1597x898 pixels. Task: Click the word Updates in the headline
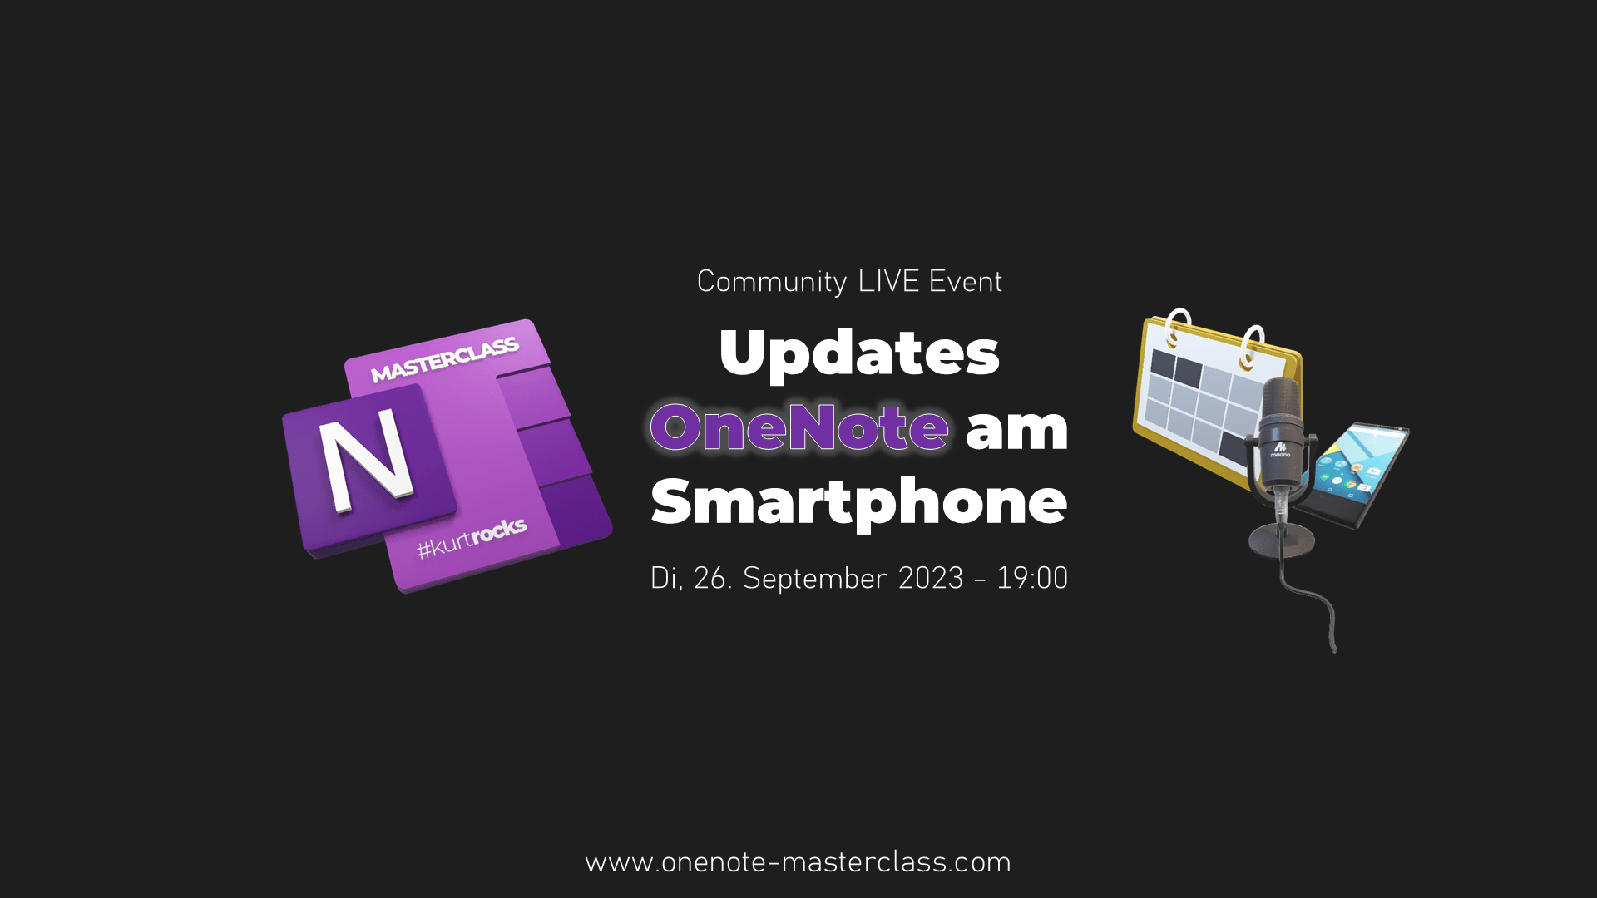pos(859,353)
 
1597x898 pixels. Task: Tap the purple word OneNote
pos(799,427)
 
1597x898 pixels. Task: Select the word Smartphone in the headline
pos(859,503)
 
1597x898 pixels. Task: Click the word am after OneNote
pos(1016,429)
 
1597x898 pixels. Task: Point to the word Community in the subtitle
pos(772,282)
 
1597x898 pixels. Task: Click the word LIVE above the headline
pos(888,281)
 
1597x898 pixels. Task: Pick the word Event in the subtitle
pos(966,281)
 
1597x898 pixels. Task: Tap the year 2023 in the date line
pos(931,578)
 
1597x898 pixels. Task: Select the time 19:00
pos(1032,578)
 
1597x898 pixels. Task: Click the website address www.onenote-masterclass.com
pos(798,862)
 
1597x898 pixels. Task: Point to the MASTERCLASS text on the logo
pos(445,360)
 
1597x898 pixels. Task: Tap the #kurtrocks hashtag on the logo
pos(472,539)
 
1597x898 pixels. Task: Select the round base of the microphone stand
pos(1282,540)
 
